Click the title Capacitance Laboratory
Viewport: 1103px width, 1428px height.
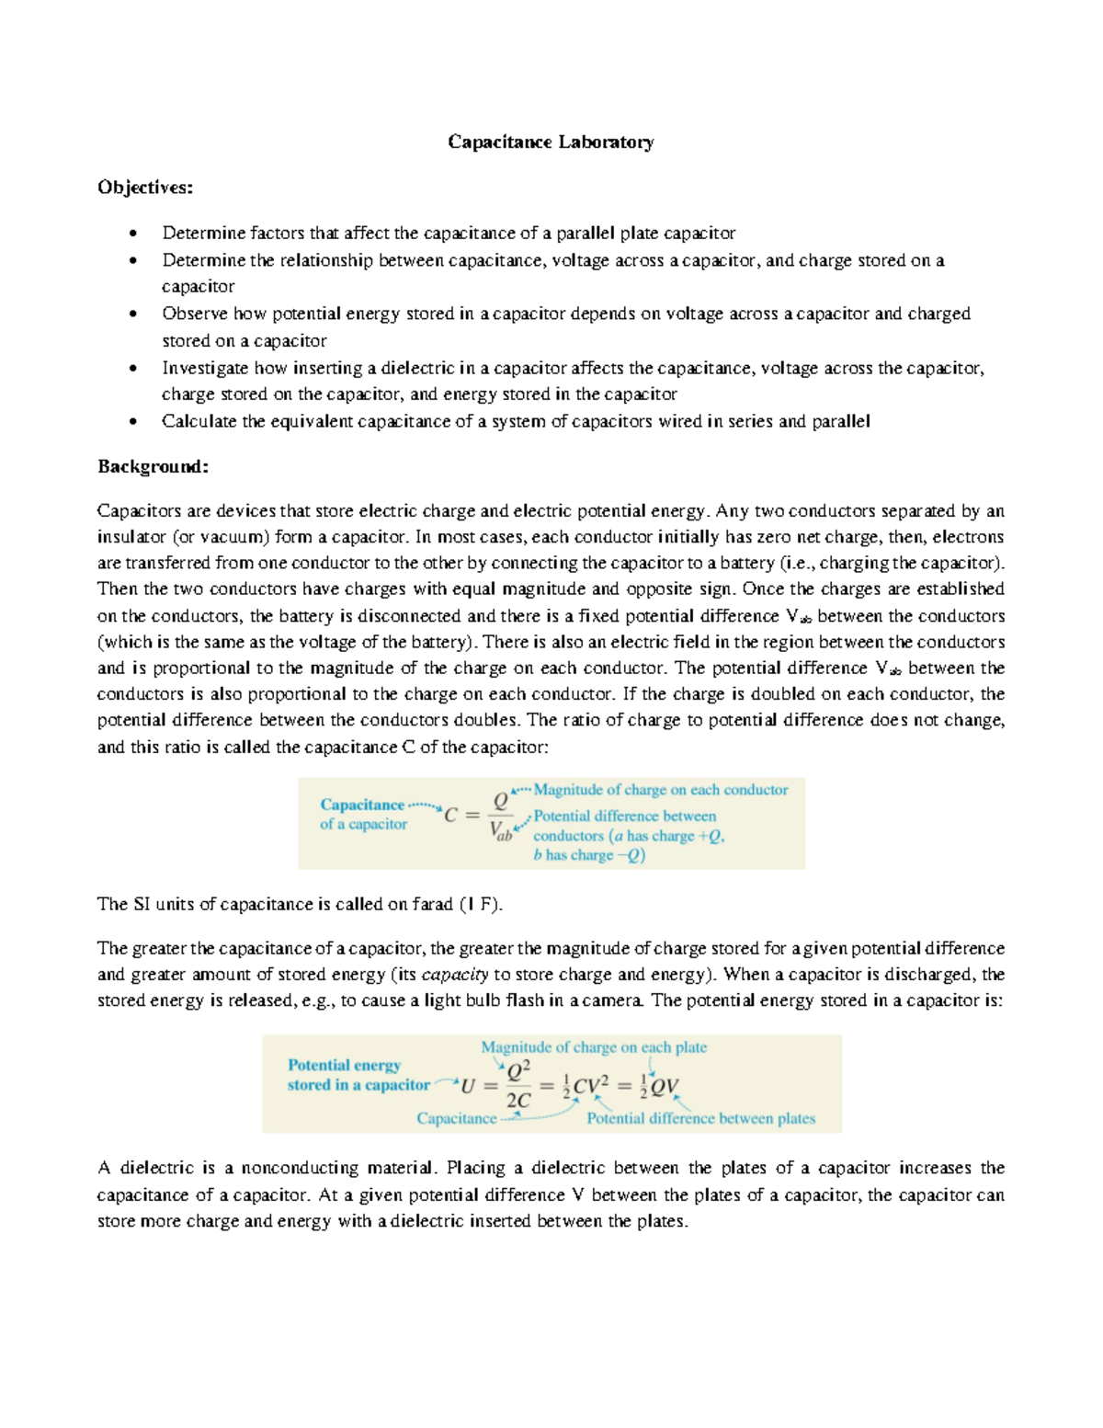551,142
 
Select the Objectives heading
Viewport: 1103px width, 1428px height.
145,188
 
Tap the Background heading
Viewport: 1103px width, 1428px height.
153,466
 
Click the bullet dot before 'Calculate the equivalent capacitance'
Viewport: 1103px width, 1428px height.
134,422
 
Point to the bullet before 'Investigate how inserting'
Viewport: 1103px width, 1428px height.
134,369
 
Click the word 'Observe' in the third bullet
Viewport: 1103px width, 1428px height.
194,314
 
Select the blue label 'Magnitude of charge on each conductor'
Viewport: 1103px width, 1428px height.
660,790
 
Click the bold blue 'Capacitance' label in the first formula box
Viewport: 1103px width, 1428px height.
362,805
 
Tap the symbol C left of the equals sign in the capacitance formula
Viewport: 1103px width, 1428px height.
450,815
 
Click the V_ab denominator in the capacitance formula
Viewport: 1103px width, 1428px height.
501,832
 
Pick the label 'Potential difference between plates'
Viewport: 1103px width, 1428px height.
700,1119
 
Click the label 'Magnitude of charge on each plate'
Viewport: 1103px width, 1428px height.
594,1047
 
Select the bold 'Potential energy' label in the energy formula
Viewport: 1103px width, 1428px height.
344,1066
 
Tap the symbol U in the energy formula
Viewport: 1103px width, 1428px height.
468,1087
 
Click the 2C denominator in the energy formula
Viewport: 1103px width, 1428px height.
517,1101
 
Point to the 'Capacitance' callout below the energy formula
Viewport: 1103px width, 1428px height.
456,1119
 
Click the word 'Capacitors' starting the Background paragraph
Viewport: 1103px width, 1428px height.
139,511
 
